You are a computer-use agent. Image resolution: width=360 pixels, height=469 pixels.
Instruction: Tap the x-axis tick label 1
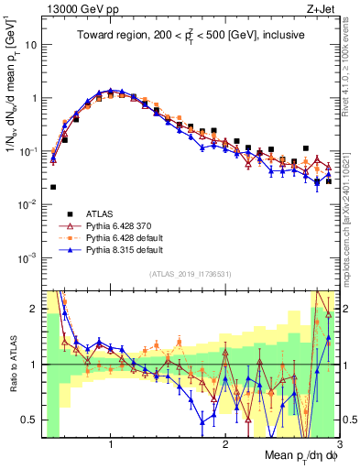tap(111, 444)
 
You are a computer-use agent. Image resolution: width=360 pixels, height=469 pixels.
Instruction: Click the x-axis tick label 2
tap(225, 444)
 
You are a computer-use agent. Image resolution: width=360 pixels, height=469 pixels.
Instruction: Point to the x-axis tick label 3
tap(338, 444)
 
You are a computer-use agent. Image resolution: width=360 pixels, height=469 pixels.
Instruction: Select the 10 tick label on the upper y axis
tap(31, 44)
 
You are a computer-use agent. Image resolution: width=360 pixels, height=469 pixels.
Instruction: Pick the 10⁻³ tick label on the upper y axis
tap(27, 257)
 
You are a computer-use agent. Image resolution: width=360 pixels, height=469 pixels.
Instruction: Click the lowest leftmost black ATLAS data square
tap(53, 187)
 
